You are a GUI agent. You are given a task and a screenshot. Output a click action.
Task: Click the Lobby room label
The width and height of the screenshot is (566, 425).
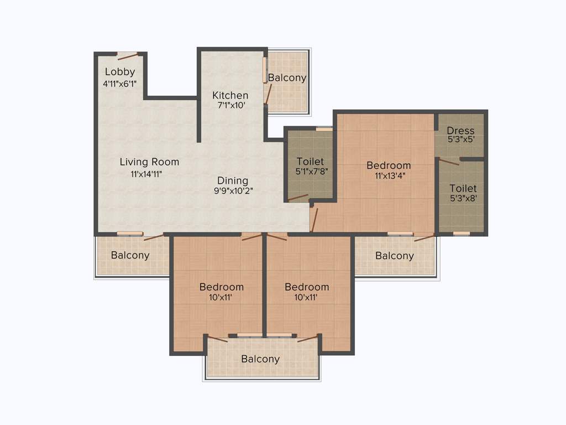120,72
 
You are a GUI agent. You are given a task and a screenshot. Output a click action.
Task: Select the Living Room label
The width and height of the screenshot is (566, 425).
149,162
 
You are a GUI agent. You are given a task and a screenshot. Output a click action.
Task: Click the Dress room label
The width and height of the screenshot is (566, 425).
460,131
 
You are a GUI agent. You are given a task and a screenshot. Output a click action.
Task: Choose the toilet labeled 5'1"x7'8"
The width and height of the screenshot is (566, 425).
310,167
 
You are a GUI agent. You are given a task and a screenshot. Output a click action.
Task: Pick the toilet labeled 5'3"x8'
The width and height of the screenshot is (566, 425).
463,194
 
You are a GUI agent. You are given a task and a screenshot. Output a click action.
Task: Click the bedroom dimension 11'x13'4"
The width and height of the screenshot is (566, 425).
389,175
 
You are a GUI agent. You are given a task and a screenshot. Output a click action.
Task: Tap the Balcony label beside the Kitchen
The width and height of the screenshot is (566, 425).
287,78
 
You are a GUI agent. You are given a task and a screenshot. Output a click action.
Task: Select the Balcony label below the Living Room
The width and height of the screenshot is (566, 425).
130,255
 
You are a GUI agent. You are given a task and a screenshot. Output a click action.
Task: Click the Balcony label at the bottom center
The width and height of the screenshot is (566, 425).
260,359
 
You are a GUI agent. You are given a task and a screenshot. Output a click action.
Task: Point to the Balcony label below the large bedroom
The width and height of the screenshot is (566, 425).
394,256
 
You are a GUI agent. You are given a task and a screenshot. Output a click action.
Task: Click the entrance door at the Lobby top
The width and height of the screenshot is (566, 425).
127,55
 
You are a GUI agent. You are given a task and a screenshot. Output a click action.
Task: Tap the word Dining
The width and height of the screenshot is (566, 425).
232,180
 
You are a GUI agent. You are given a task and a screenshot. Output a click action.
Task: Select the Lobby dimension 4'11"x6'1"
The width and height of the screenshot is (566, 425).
120,84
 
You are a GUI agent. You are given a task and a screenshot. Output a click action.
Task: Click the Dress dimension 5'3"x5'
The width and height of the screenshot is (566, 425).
460,140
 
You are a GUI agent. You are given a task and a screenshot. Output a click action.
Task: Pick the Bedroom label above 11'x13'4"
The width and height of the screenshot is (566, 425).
389,165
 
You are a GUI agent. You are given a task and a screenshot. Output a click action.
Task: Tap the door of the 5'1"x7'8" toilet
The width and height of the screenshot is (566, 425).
298,197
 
